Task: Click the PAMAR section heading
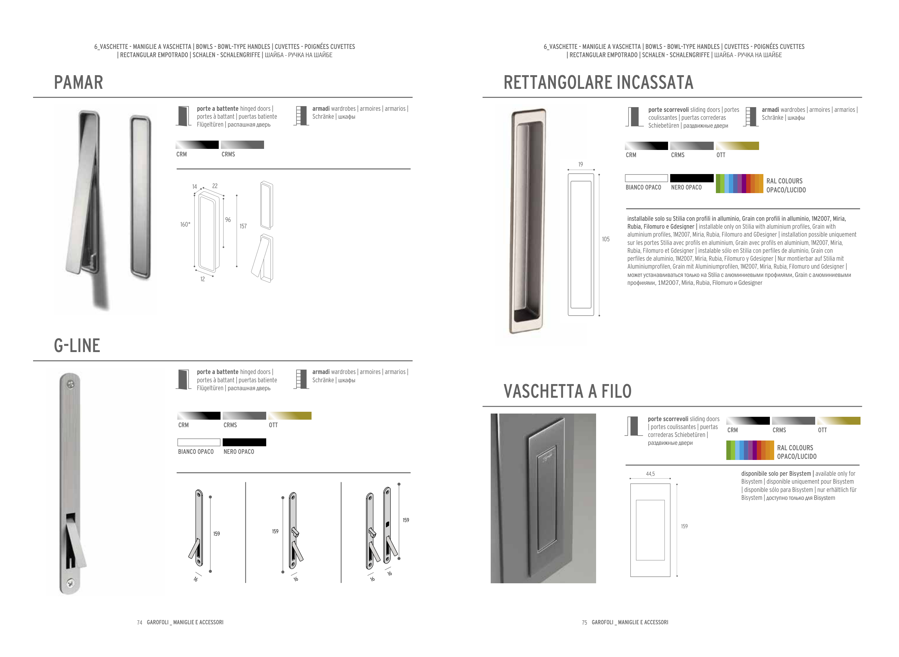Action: [78, 82]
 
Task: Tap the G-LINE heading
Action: [77, 345]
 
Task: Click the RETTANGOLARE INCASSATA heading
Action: [598, 82]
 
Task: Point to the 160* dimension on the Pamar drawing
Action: [185, 225]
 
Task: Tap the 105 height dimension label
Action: [605, 239]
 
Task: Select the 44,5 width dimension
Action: [650, 474]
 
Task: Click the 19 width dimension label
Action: [580, 164]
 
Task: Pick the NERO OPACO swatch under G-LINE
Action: [244, 442]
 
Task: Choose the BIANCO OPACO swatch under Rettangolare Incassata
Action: [646, 178]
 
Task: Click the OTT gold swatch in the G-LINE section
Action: [290, 416]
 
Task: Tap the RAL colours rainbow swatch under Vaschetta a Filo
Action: [749, 450]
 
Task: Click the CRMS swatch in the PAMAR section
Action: [242, 145]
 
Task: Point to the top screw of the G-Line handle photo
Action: [71, 384]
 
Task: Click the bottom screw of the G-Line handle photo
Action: [70, 583]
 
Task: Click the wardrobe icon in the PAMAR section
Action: [301, 116]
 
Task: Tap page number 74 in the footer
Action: [139, 622]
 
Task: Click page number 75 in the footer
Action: [584, 622]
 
